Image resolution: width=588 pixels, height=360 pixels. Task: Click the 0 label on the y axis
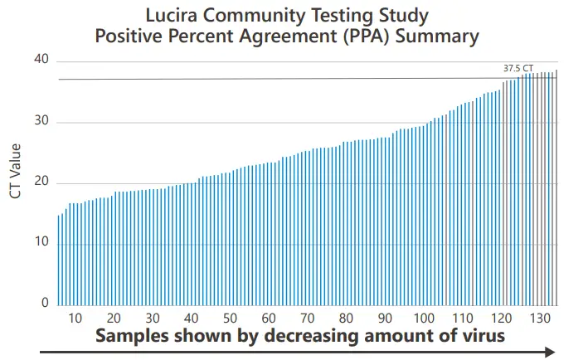click(x=46, y=304)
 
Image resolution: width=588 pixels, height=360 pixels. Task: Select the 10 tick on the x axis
click(x=75, y=319)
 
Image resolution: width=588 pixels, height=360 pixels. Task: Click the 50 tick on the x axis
click(x=230, y=319)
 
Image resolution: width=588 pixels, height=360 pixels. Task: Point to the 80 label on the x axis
click(x=346, y=319)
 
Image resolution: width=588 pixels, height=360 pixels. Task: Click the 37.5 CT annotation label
click(x=518, y=68)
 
